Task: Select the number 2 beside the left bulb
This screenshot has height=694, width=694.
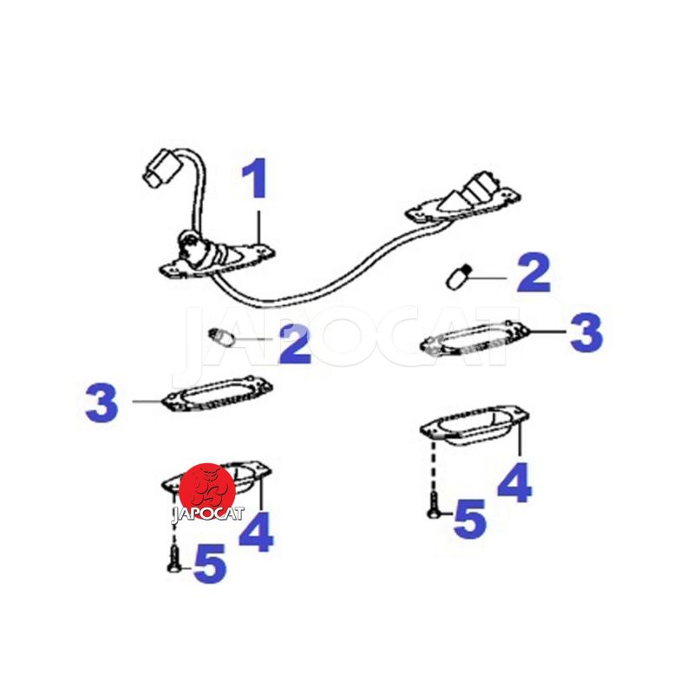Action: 295,344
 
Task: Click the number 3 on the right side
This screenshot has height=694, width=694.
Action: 586,332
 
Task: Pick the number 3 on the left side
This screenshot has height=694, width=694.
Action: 101,403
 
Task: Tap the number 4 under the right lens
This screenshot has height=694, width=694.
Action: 514,482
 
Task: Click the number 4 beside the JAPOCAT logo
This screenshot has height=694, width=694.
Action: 256,533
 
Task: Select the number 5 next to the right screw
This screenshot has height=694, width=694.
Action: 469,519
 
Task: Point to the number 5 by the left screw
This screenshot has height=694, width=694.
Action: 210,563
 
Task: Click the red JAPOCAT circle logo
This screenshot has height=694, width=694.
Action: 207,491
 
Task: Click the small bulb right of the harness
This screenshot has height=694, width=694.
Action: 457,277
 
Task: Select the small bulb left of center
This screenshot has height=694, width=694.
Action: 220,337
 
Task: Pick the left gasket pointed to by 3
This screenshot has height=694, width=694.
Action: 217,393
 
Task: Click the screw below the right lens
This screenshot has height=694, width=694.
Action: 433,505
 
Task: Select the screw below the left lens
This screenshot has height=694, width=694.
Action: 174,559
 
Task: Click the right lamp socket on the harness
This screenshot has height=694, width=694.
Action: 463,197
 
